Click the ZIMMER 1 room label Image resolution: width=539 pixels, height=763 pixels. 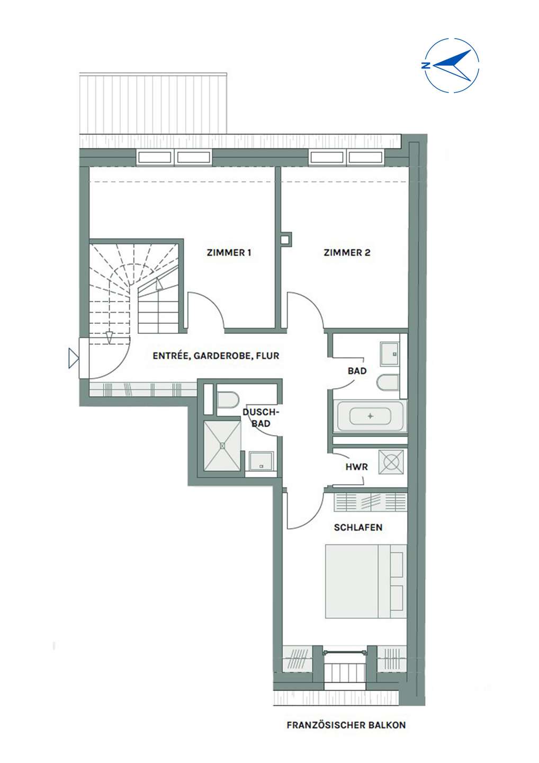tap(229, 253)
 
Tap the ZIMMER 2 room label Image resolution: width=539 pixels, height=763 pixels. tap(347, 253)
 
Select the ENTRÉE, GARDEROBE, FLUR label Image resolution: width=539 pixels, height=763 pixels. tap(216, 356)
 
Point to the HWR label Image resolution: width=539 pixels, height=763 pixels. tap(357, 467)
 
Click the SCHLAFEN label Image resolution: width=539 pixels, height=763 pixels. tap(358, 528)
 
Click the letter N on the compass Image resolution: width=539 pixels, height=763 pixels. tap(425, 65)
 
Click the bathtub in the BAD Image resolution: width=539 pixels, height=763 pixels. tap(371, 416)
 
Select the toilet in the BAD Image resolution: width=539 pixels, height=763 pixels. tap(388, 383)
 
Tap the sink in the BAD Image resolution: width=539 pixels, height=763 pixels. tap(390, 354)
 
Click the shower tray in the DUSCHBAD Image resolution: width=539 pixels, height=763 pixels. tap(222, 446)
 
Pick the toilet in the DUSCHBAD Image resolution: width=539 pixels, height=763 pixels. tap(228, 400)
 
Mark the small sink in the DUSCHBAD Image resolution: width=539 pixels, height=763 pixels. tap(261, 461)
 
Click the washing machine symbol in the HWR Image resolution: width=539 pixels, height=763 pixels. tap(391, 462)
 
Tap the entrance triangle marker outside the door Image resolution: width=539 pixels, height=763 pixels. tap(74, 358)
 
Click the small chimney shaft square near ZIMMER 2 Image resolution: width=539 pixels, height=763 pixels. tap(286, 239)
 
